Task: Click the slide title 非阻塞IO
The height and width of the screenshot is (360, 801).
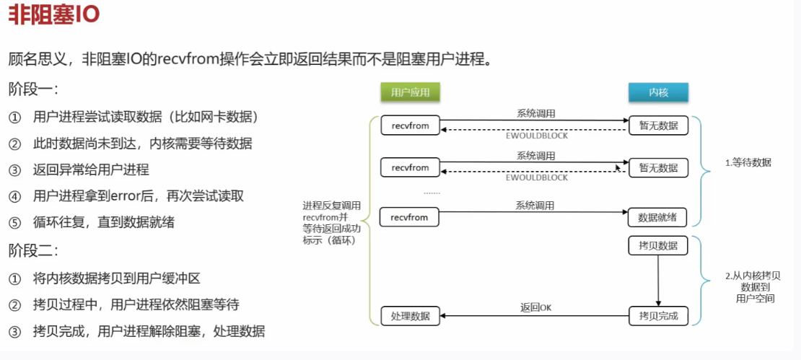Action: [x=54, y=16]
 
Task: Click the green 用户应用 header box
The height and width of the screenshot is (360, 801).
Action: [x=410, y=92]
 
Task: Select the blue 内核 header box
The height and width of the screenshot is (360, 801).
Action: [x=658, y=92]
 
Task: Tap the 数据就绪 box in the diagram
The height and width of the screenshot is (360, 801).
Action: [x=658, y=217]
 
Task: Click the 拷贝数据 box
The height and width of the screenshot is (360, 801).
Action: [x=658, y=246]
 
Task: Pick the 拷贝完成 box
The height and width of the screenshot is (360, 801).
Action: [x=658, y=315]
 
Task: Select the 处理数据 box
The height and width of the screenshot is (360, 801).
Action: [x=410, y=315]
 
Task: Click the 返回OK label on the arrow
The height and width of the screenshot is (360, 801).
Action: [x=535, y=307]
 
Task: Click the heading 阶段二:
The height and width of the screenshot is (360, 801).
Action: [x=33, y=251]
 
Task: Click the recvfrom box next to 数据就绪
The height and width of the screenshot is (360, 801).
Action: [x=410, y=217]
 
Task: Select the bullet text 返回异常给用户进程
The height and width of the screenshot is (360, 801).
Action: [x=91, y=170]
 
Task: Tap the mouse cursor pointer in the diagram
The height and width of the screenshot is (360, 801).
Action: [x=618, y=167]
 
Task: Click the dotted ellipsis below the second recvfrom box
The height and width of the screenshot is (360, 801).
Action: [x=432, y=193]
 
